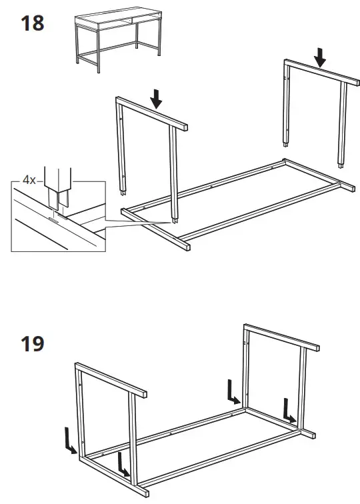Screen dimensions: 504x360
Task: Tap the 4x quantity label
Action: point(29,181)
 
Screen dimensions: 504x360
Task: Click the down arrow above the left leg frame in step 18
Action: point(157,99)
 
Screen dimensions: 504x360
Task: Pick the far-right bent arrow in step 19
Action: point(289,410)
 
